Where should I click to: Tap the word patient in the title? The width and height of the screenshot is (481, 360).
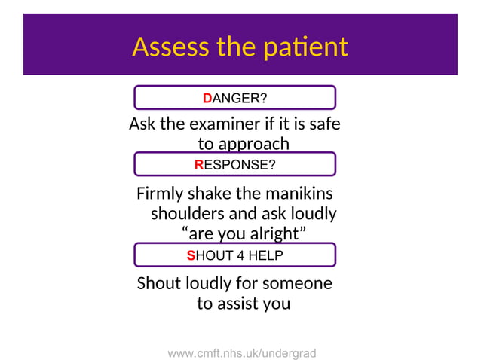tap(304, 47)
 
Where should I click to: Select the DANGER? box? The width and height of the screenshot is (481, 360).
tap(234, 98)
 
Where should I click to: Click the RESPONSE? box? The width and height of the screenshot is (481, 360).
tap(234, 164)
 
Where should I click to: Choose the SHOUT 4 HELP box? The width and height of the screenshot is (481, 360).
tap(234, 255)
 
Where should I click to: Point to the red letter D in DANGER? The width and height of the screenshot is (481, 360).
tap(207, 98)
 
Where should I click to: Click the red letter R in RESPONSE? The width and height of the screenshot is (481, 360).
tap(199, 164)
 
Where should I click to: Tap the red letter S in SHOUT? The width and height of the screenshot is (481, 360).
tap(191, 255)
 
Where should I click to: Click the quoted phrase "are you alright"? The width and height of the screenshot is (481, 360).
tap(244, 233)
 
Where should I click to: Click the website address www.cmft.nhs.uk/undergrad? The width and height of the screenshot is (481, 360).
tap(241, 352)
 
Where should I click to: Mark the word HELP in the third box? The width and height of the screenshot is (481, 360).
tap(266, 255)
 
